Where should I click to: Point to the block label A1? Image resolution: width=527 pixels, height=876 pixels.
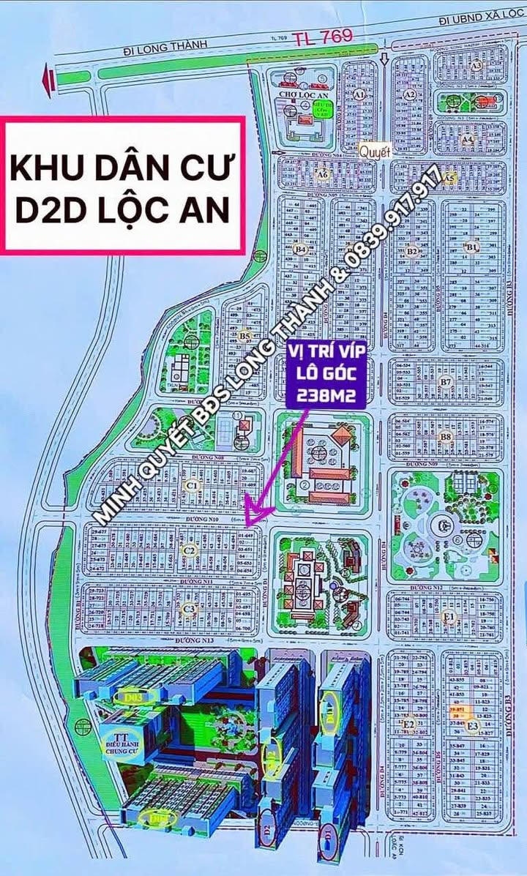tap(359, 95)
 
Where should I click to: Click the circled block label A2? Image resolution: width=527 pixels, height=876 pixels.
tap(411, 94)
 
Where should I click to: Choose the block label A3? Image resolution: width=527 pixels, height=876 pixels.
tap(476, 65)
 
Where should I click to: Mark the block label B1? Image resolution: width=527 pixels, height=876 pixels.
tap(471, 247)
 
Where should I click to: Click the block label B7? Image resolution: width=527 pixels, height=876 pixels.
tap(446, 382)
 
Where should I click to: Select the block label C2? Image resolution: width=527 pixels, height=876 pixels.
tap(188, 550)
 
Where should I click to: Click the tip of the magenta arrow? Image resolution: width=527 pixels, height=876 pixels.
tap(247, 524)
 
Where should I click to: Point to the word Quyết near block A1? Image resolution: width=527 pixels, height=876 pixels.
tap(375, 151)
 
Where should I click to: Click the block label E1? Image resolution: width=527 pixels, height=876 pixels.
tap(449, 618)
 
